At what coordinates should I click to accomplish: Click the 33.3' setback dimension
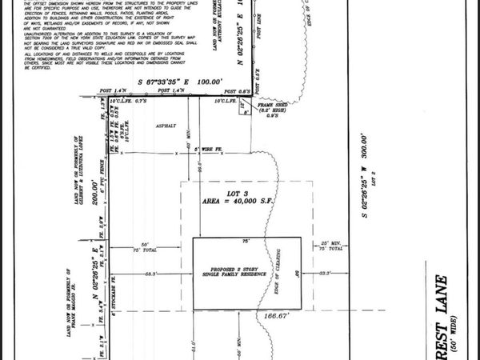click(x=324, y=274)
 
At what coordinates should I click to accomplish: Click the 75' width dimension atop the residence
click(x=246, y=240)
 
